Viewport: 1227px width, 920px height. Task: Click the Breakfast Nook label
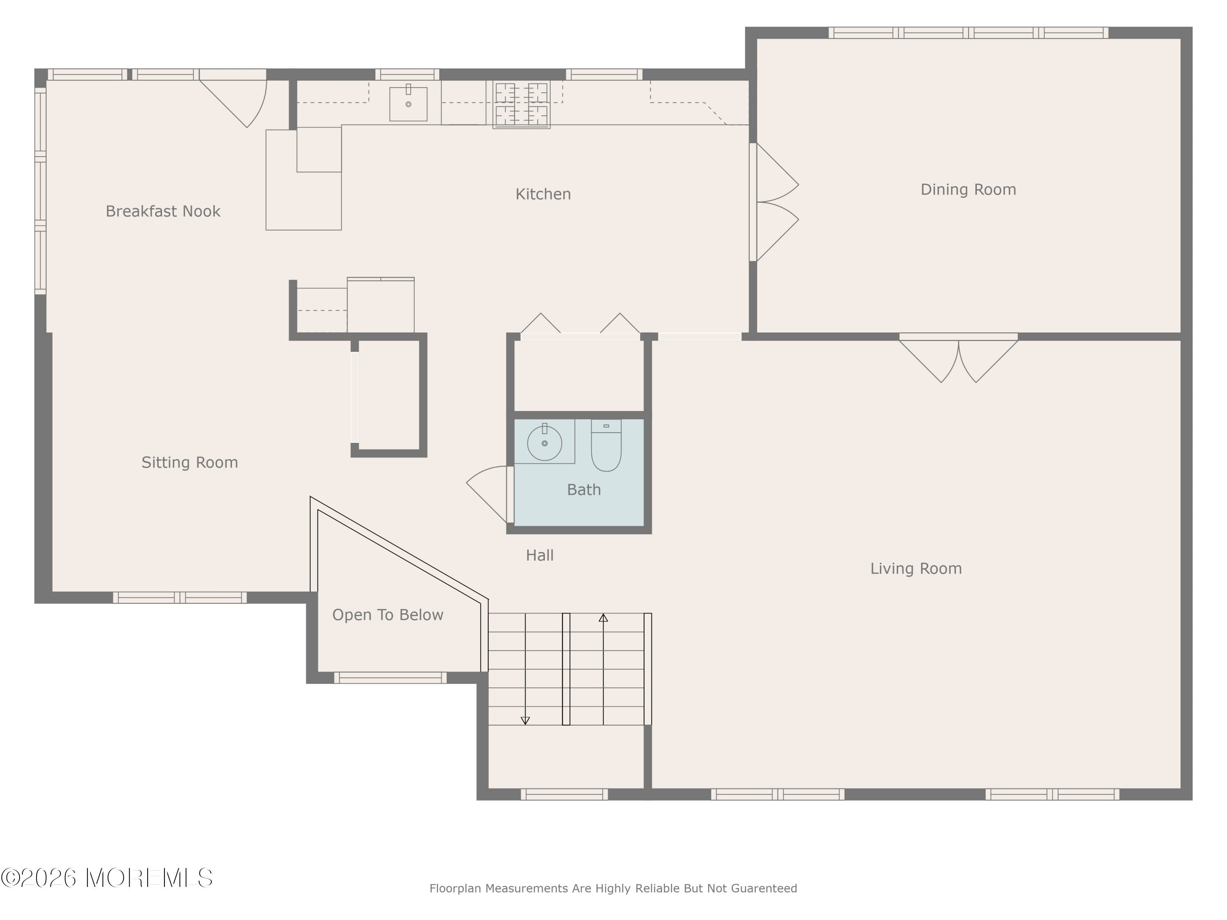coord(163,211)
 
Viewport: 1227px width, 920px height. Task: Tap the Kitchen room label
coord(543,194)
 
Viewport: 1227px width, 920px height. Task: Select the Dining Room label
coord(969,190)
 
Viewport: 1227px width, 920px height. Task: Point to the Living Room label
coord(916,568)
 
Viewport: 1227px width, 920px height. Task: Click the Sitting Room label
coord(190,462)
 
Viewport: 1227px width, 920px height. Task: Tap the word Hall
coord(540,555)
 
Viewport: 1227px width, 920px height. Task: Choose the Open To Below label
coord(388,615)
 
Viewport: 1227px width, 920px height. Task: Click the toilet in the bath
coord(606,445)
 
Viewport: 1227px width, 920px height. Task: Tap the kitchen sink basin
coord(408,104)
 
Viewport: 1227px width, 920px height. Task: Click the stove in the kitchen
coord(521,105)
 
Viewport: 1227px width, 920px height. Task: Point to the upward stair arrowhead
coord(604,618)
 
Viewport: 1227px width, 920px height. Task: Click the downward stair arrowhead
coord(525,720)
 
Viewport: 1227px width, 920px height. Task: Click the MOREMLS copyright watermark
coord(106,878)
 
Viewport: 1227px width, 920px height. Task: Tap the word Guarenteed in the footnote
coord(764,889)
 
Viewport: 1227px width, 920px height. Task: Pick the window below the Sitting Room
coord(180,597)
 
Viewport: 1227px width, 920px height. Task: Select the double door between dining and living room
coord(959,358)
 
